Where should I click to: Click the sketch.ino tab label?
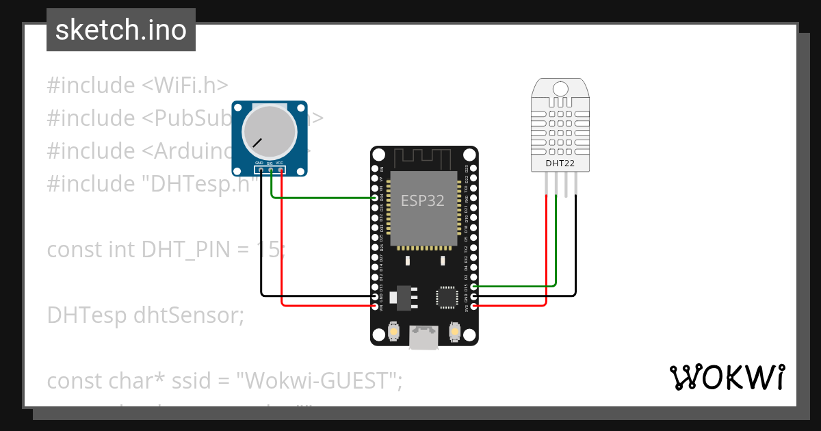(x=120, y=30)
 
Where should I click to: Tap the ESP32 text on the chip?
(x=422, y=200)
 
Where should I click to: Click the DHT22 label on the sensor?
(x=560, y=164)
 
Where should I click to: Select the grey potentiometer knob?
(x=270, y=134)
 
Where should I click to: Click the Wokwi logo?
(x=727, y=377)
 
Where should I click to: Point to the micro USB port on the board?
(x=423, y=337)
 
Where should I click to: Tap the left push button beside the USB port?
(x=393, y=332)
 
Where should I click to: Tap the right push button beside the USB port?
(x=454, y=332)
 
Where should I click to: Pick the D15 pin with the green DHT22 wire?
(x=473, y=287)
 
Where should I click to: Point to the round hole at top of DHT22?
(x=560, y=88)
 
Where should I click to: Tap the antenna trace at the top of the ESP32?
(x=423, y=159)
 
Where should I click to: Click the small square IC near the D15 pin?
(x=446, y=297)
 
